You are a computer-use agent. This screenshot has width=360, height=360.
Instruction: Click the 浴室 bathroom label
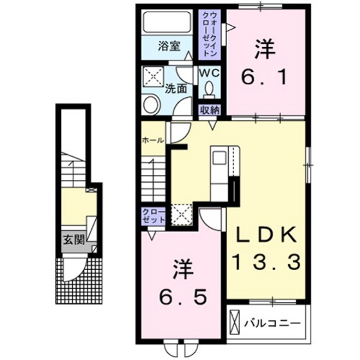point(169,46)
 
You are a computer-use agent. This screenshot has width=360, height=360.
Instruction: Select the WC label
point(210,72)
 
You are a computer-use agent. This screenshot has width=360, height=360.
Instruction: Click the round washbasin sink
point(152,104)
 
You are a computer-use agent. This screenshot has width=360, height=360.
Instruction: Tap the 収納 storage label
point(210,110)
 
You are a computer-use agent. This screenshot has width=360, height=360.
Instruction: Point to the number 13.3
point(264,262)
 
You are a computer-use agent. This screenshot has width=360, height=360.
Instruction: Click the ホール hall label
point(151,139)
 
